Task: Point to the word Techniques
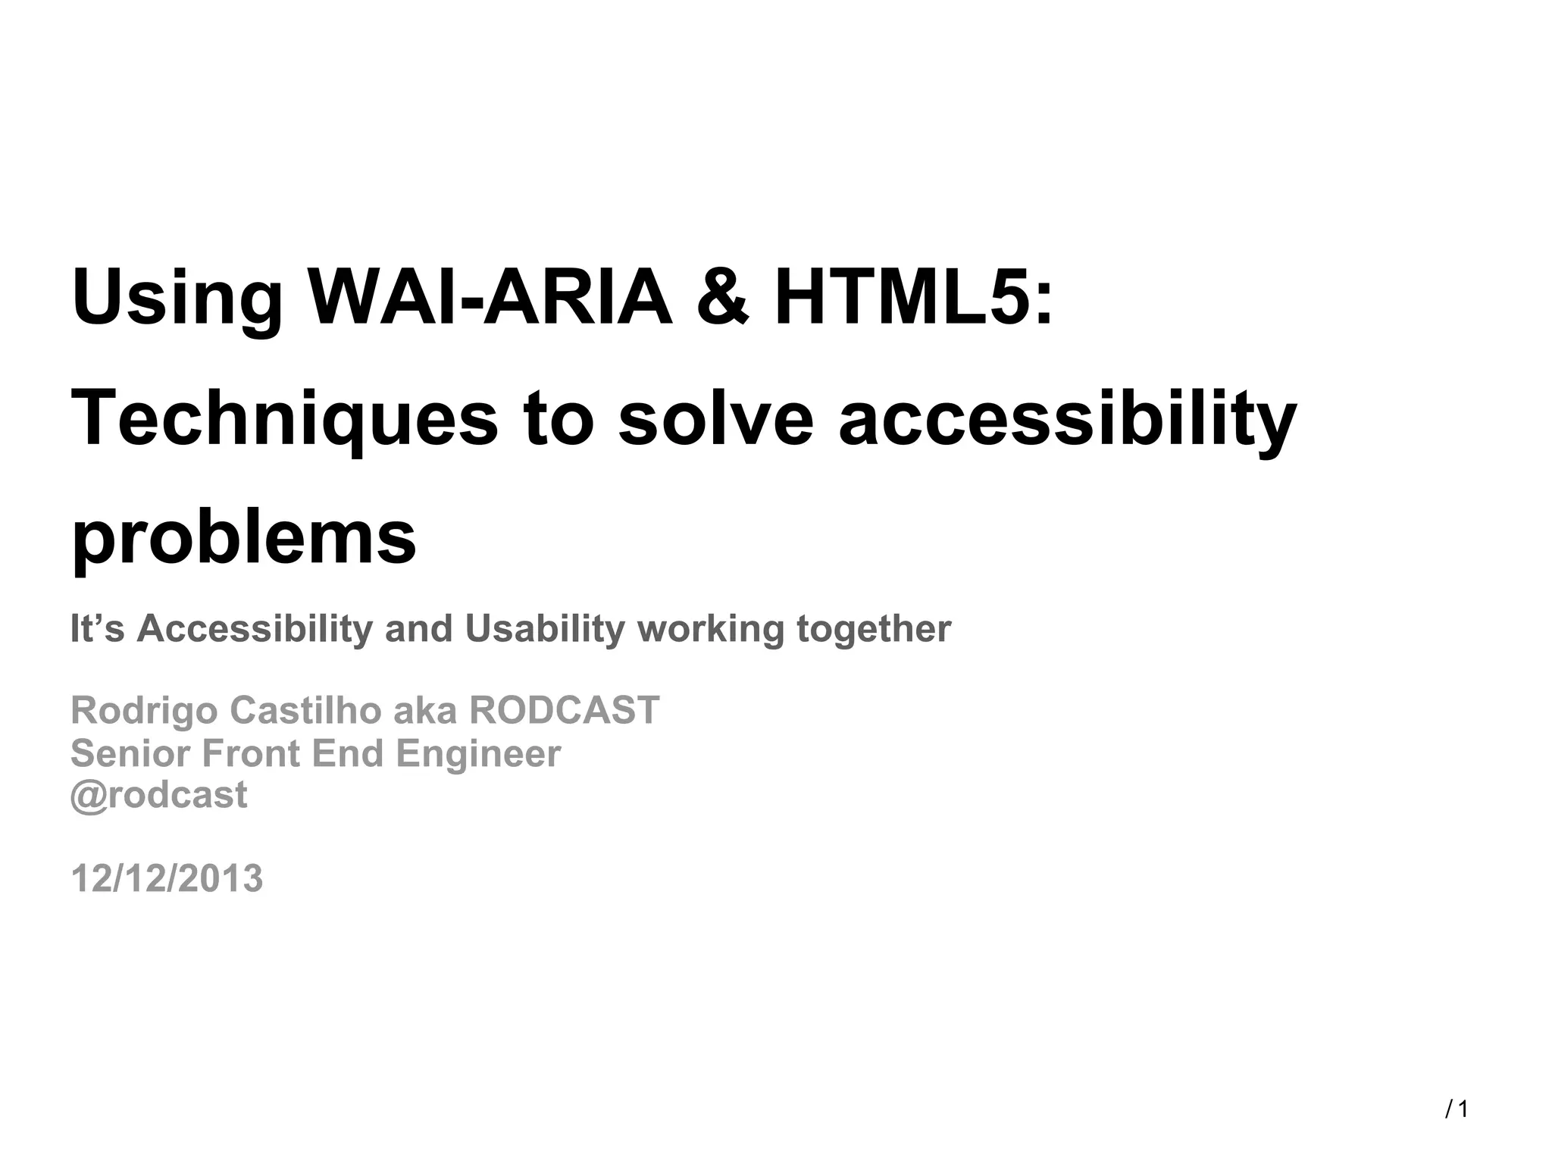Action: coord(285,418)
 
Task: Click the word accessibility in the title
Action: coord(1067,418)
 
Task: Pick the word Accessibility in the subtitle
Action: coord(255,629)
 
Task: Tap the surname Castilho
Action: coord(305,710)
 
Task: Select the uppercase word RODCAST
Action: coord(565,710)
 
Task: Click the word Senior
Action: coord(130,753)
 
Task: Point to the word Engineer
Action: coord(478,753)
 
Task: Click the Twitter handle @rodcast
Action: coord(158,795)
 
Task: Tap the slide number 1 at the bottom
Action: coord(1463,1109)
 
